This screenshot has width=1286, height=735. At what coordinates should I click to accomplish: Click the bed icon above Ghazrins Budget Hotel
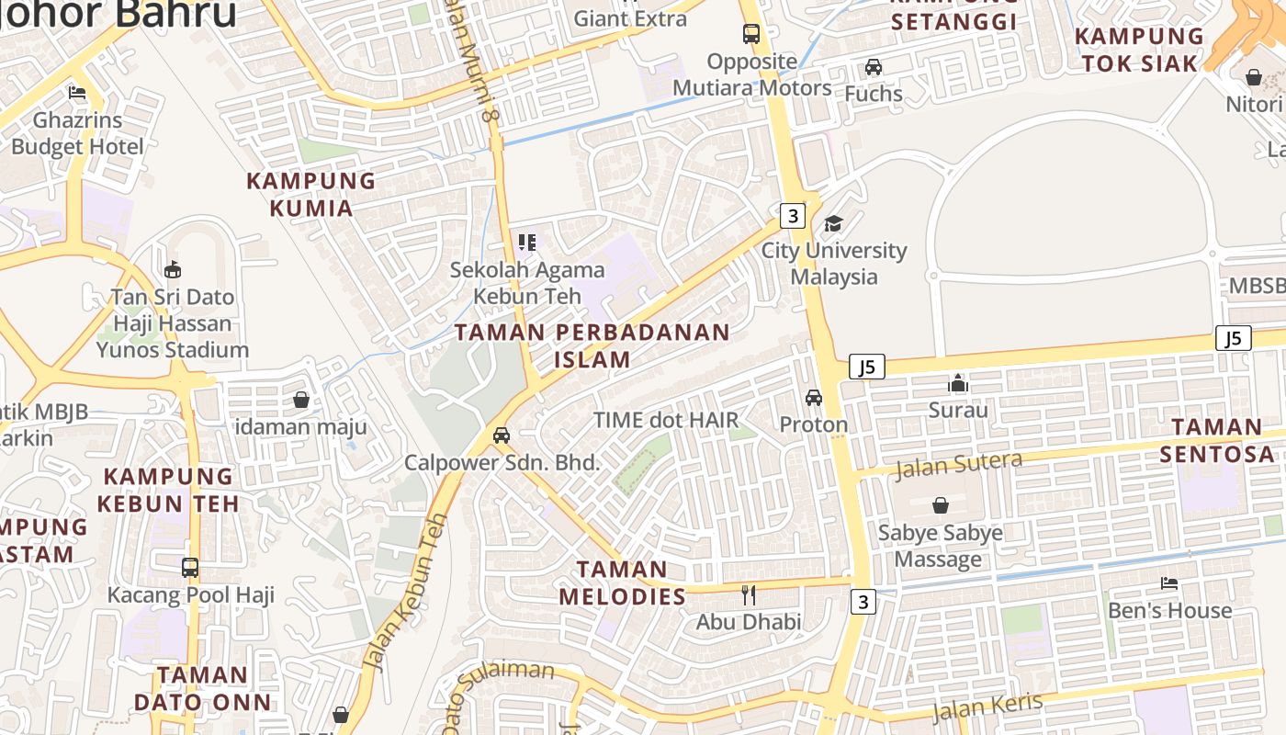click(x=77, y=93)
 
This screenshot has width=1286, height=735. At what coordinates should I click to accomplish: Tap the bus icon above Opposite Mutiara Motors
click(x=751, y=35)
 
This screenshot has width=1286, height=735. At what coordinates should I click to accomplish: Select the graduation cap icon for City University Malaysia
click(x=833, y=223)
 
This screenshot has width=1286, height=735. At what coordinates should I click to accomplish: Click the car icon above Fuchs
click(x=874, y=67)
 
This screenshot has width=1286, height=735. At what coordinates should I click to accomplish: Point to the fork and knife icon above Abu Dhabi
click(x=749, y=595)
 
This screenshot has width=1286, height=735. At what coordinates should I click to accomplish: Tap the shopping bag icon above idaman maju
click(x=300, y=400)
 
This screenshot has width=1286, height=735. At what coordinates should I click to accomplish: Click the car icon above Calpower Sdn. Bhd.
click(x=502, y=435)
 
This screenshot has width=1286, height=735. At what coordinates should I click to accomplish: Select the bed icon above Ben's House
click(x=1169, y=583)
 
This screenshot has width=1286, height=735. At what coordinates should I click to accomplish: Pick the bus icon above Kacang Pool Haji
click(x=190, y=568)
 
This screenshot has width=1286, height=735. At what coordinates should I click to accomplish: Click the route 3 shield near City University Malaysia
click(x=792, y=216)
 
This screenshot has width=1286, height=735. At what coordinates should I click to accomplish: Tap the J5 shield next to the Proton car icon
click(x=866, y=367)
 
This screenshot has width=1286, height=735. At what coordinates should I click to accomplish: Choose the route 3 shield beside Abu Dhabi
click(x=863, y=602)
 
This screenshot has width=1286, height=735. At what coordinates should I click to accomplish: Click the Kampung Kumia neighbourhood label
click(x=311, y=195)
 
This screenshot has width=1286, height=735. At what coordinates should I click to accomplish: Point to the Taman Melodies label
click(x=623, y=582)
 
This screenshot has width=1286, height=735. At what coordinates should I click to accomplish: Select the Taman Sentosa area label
click(x=1217, y=440)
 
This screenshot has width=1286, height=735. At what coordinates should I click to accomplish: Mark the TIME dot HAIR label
click(x=665, y=421)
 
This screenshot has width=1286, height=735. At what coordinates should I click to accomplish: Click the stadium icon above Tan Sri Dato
click(x=172, y=269)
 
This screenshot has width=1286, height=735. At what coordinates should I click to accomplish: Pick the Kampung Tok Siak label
click(x=1139, y=50)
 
